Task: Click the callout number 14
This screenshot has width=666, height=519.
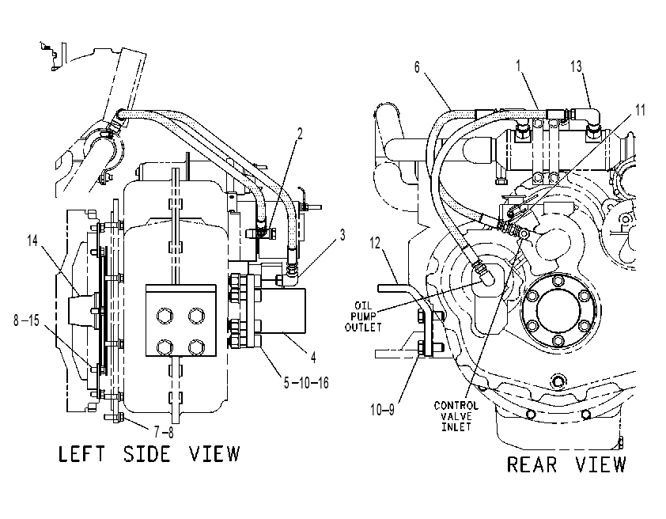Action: (32, 241)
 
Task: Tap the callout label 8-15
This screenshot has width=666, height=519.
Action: (26, 320)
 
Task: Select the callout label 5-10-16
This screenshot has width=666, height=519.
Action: (306, 383)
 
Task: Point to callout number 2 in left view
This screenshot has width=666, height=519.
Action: (300, 134)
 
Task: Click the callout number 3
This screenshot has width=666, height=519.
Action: (342, 235)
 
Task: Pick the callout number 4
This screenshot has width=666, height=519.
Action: (313, 357)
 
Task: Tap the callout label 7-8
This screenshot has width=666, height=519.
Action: (164, 432)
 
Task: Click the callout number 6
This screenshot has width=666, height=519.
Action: (417, 67)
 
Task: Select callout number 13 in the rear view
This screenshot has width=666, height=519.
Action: (576, 66)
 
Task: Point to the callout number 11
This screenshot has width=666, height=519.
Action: (640, 111)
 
